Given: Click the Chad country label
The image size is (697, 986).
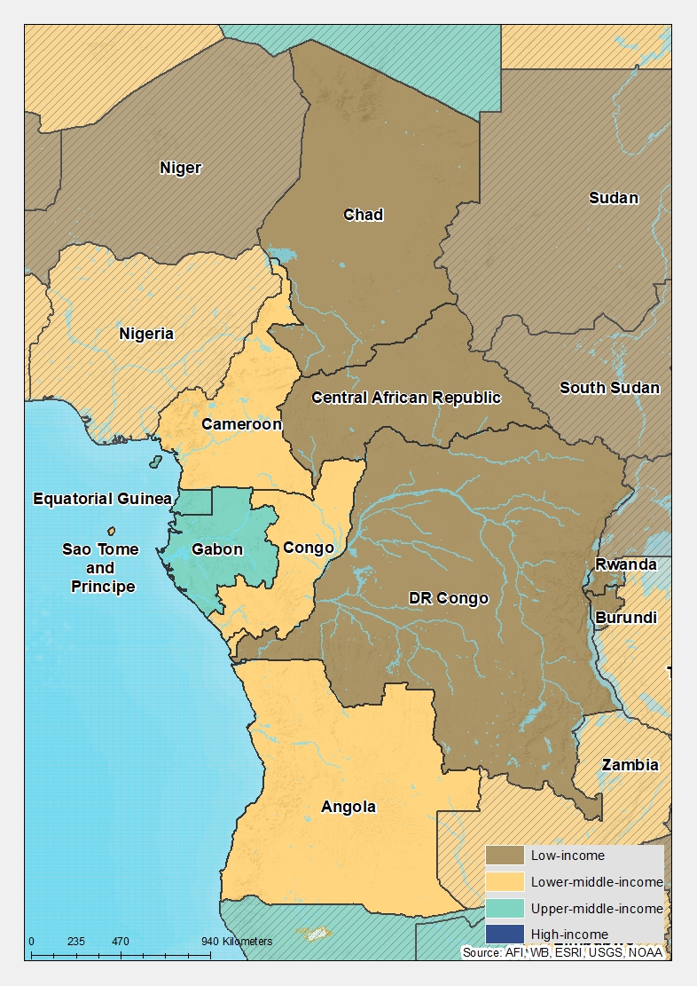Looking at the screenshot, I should click(364, 215).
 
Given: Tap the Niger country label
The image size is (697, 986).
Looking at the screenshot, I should click(181, 168).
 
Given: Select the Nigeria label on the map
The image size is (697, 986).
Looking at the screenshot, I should click(146, 334).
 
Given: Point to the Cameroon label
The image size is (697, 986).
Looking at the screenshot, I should click(241, 424).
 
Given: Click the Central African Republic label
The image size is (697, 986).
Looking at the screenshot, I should click(406, 398).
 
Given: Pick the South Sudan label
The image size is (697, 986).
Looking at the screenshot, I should click(609, 388).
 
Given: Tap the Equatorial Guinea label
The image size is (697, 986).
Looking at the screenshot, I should click(102, 499).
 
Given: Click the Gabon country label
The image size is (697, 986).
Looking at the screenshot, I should click(217, 549).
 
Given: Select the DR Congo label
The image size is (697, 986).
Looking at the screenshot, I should click(449, 598).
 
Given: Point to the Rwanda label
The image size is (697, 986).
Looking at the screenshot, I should click(626, 564).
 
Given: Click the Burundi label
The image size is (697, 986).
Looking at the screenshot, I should click(626, 618).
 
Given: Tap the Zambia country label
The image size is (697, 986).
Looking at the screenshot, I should click(630, 765).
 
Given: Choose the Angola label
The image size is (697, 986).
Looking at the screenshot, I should click(348, 807).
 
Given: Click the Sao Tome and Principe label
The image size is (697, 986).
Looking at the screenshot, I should click(100, 568).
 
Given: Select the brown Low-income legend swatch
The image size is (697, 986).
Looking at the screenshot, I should click(505, 856).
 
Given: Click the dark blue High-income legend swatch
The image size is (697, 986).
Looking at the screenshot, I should click(505, 934).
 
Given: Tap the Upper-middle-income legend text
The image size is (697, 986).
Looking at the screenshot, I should click(597, 908).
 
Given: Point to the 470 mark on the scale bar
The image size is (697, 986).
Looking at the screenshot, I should click(121, 942).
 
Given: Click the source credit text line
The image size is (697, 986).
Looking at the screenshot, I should click(562, 952).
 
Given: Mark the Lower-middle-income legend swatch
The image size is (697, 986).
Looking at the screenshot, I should click(505, 881).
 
